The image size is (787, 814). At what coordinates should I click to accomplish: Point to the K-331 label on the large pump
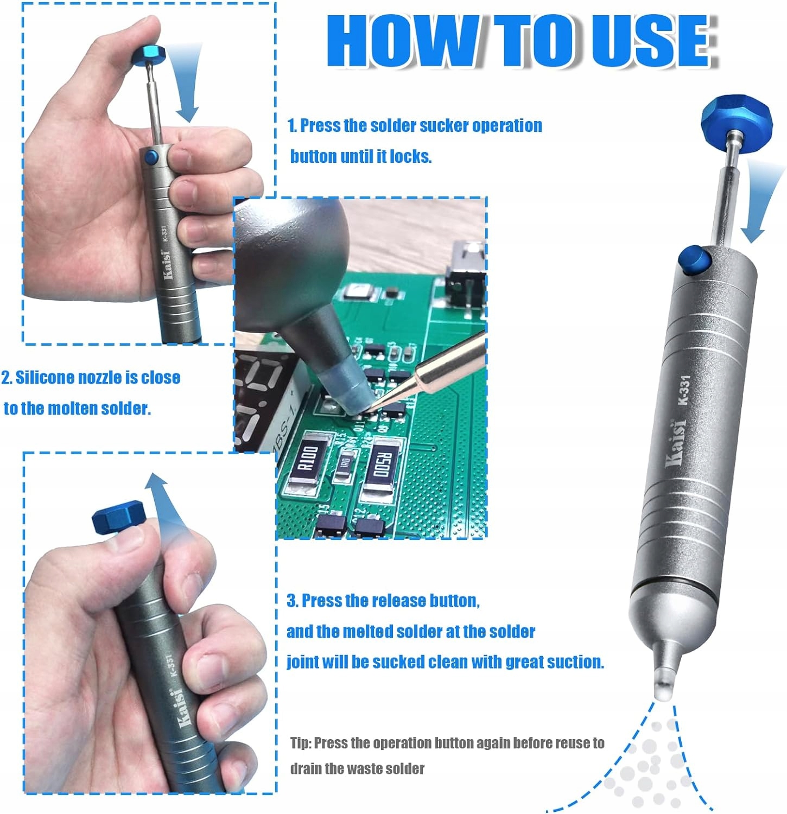tap(683, 390)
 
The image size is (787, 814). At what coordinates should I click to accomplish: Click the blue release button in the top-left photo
tap(151, 158)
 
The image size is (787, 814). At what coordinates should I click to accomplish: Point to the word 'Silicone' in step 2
tap(46, 378)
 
